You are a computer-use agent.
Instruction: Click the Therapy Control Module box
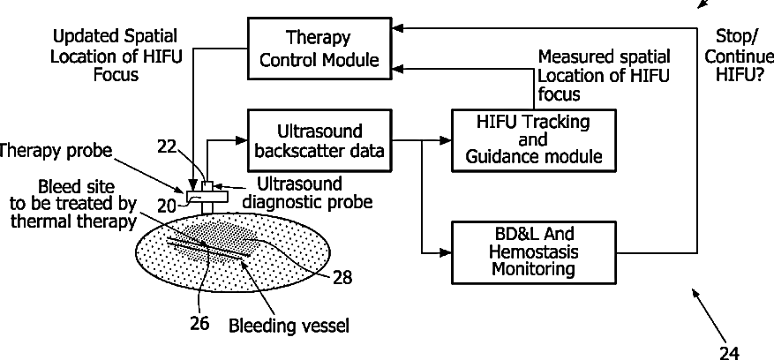click(319, 49)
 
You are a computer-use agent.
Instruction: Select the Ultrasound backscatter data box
click(319, 141)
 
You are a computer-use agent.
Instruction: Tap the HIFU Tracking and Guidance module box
click(534, 141)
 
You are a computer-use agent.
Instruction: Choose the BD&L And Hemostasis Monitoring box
click(534, 252)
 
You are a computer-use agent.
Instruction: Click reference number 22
click(167, 146)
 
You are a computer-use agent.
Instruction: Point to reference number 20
click(167, 205)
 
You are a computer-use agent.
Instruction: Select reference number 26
click(200, 323)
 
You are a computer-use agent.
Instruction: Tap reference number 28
click(342, 278)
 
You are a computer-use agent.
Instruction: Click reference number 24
click(729, 353)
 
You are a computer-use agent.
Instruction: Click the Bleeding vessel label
click(289, 326)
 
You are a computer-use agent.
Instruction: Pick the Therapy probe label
click(56, 151)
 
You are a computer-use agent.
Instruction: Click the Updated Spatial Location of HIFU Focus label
click(116, 56)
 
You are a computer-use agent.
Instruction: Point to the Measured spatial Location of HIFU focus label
click(605, 75)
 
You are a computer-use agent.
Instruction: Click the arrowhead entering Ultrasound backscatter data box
click(241, 140)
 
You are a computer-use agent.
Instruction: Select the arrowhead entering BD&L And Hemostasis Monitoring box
click(446, 253)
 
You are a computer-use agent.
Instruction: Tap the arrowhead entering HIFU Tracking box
click(446, 140)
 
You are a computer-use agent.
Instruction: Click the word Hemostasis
click(533, 251)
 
